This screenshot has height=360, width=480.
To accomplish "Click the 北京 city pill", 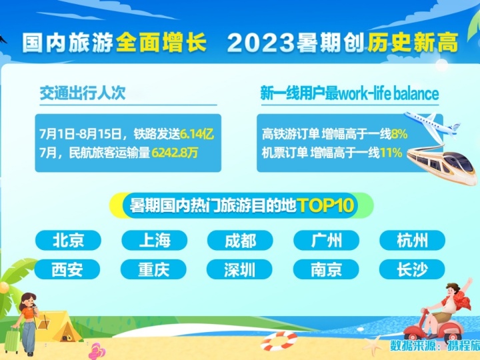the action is [68, 240].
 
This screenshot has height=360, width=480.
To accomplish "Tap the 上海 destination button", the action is [154, 240].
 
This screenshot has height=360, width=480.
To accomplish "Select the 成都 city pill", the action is [240, 240].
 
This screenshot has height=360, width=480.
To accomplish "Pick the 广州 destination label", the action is [326, 240].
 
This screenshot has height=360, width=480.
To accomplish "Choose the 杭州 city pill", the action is [413, 240].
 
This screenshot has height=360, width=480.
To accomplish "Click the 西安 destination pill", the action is [67, 269].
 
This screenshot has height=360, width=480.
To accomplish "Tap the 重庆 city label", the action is [153, 269].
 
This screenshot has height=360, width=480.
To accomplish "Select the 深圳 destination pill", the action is [239, 269].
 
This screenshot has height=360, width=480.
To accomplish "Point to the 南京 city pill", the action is [326, 269].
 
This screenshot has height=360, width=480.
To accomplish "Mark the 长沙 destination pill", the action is [412, 269].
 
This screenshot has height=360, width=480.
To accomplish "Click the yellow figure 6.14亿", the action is [197, 134].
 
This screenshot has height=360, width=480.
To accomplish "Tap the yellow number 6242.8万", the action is [175, 152].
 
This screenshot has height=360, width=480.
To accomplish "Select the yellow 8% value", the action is [399, 134].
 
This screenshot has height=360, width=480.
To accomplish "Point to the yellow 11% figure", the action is [391, 152].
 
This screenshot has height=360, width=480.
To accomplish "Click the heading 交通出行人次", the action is [83, 93].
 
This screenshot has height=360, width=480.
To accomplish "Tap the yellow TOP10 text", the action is [325, 205].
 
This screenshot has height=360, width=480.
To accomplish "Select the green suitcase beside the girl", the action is [12, 340].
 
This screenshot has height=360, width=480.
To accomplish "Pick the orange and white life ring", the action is [279, 341].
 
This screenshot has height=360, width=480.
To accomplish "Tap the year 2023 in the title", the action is [261, 43].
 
